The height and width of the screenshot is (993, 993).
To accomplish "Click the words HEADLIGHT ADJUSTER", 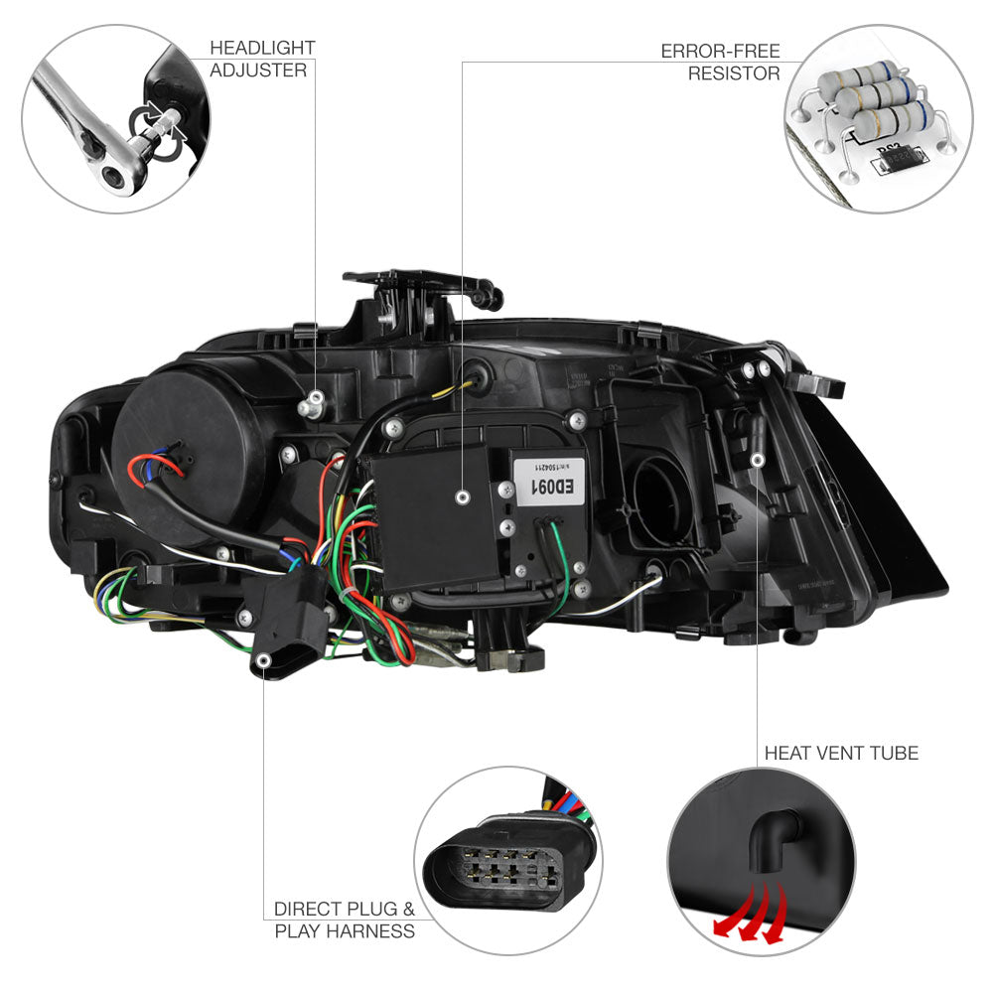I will click(262, 59).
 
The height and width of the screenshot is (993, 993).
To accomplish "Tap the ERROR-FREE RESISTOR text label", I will click(720, 62).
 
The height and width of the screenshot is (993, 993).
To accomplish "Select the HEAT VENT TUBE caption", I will click(841, 753).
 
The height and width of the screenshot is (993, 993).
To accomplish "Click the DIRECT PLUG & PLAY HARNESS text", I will click(345, 920).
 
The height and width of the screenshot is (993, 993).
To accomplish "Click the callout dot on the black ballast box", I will click(463, 496).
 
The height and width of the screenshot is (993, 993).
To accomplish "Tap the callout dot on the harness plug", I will click(264, 659).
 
